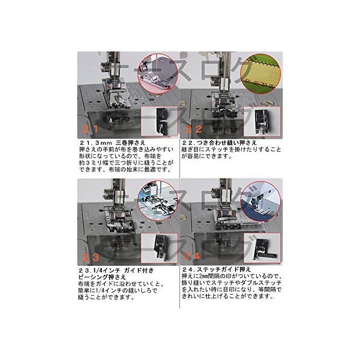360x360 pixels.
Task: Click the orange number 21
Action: coord(90,129)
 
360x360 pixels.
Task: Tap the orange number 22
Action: coord(193,129)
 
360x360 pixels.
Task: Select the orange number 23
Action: coord(91,257)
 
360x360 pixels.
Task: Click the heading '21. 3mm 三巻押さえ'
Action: coord(113,142)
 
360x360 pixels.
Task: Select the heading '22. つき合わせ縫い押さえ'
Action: coord(219,142)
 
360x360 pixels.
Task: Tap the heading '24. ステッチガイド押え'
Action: coord(217,269)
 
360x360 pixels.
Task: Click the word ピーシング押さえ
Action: coord(102,277)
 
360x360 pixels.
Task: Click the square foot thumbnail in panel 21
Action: coord(159,121)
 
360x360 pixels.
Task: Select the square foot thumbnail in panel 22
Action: coord(262,121)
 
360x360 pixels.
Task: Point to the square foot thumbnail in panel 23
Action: coord(159,248)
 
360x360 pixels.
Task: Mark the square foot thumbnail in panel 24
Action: coord(262,248)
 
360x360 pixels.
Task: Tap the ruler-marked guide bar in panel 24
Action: coord(243,222)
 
